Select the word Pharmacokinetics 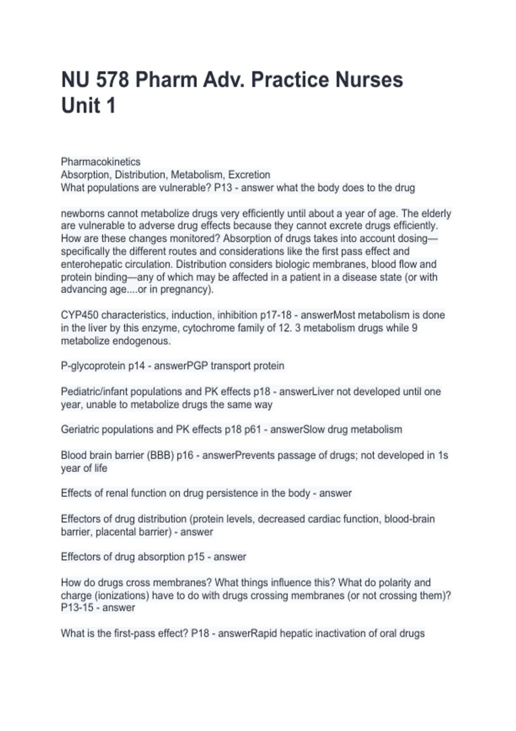point(101,162)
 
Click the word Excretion point(249,175)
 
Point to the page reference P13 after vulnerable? point(223,188)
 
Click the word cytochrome point(208,328)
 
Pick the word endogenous point(141,341)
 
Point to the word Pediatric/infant point(94,392)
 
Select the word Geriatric point(80,430)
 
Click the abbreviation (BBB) point(161,455)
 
